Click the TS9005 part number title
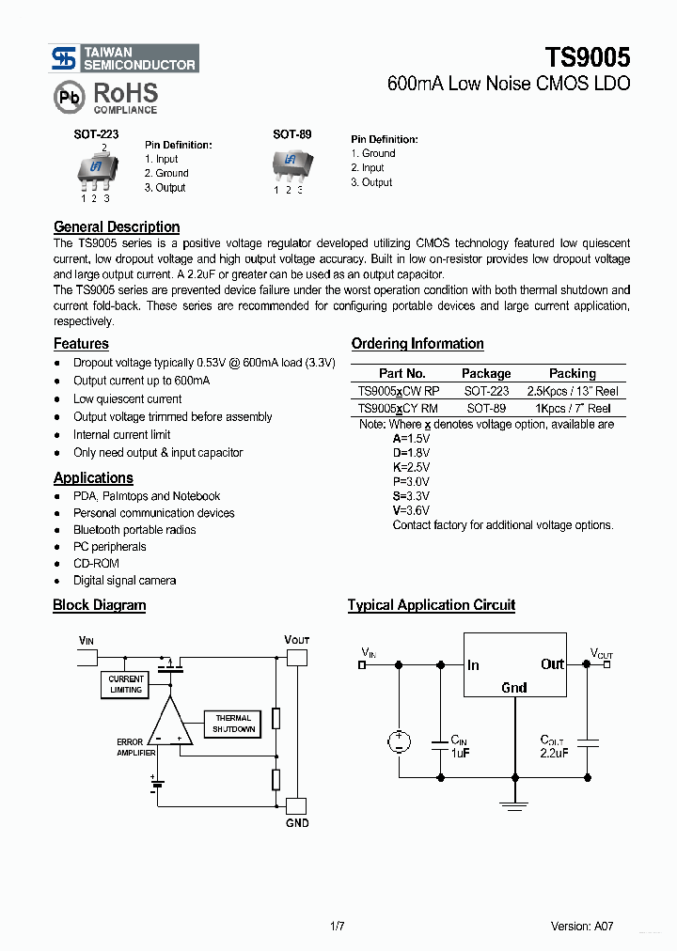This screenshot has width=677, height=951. click(588, 56)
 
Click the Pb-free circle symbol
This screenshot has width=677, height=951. click(69, 97)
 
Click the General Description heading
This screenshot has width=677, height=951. click(117, 226)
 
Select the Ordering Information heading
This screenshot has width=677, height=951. click(417, 344)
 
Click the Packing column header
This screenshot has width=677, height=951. click(572, 373)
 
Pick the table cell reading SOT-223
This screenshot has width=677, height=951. click(486, 391)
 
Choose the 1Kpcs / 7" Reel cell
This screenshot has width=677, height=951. click(572, 408)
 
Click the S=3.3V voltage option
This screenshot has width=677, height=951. click(411, 495)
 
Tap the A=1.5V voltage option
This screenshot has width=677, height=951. click(411, 439)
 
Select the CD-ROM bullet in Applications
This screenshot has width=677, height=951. click(96, 564)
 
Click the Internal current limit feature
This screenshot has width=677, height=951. click(122, 435)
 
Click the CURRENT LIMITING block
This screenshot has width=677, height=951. click(126, 684)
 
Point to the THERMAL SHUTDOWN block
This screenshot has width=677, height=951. click(232, 724)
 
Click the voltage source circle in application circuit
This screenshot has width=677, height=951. click(399, 741)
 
